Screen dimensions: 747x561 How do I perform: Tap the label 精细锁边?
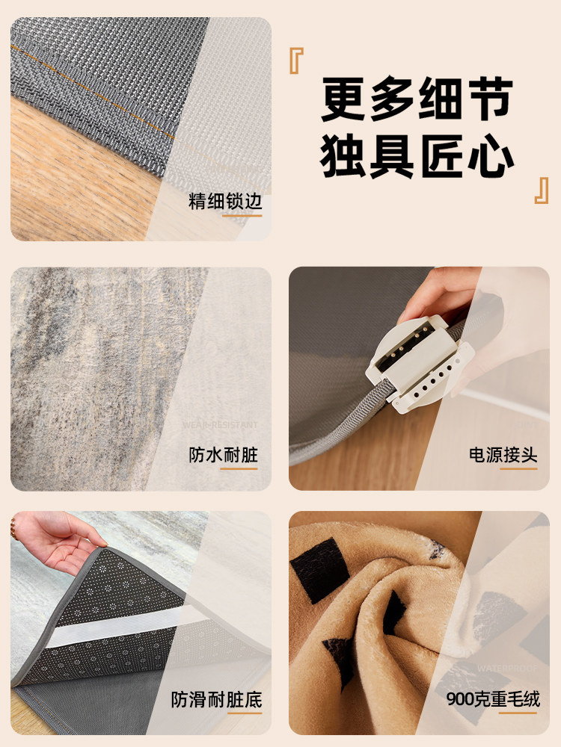(x=225, y=202)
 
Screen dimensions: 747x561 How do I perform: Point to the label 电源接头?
(x=503, y=455)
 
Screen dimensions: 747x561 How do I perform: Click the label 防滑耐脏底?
(x=216, y=699)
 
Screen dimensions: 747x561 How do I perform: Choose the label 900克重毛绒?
(x=493, y=699)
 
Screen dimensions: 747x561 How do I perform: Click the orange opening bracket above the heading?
(x=296, y=61)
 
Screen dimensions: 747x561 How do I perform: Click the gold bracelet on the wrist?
(x=13, y=529)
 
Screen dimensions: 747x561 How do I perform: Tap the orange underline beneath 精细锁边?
(x=242, y=215)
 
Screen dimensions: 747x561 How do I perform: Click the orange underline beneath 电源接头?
(x=518, y=468)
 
